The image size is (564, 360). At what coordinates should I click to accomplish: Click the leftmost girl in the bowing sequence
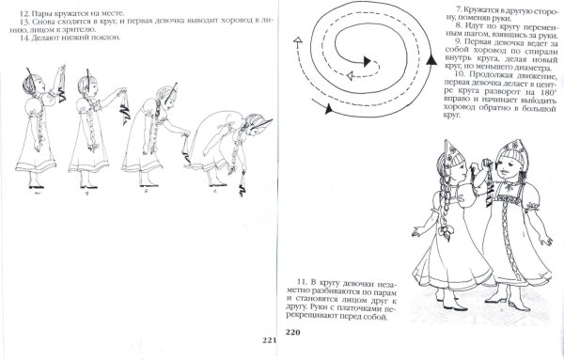pos(43,132)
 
